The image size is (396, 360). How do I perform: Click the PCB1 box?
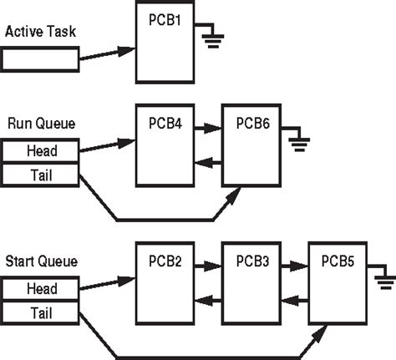pyautogui.click(x=165, y=43)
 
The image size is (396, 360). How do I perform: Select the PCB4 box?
pyautogui.click(x=165, y=146)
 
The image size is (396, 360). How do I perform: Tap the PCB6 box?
pyautogui.click(x=251, y=146)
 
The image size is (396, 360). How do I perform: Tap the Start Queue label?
pyautogui.click(x=41, y=261)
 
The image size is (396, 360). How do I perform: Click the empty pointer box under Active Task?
pyautogui.click(x=41, y=58)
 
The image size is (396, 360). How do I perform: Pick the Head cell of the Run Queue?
pyautogui.click(x=41, y=150)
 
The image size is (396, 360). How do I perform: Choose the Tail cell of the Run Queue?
pyautogui.click(x=41, y=173)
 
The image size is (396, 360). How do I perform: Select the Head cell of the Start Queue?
pyautogui.click(x=41, y=288)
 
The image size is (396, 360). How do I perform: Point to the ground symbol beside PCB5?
pyautogui.click(x=384, y=280)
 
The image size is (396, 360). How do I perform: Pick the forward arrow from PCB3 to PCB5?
pyautogui.click(x=294, y=266)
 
